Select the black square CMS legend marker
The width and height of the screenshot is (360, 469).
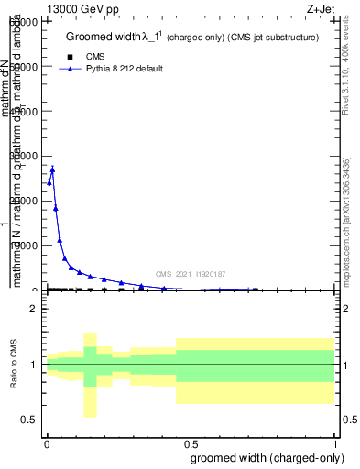pyautogui.click(x=71, y=57)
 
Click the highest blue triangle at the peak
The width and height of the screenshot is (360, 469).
pyautogui.click(x=52, y=169)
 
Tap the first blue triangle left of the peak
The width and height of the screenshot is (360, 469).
pyautogui.click(x=49, y=182)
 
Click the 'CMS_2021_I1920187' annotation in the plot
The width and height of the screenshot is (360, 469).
pyautogui.click(x=191, y=274)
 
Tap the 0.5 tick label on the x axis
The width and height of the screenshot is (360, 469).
pyautogui.click(x=191, y=442)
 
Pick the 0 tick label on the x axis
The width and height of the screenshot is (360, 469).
pyautogui.click(x=47, y=442)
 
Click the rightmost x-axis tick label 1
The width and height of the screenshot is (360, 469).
pyautogui.click(x=336, y=442)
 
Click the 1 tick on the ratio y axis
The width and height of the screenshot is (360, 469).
pyautogui.click(x=34, y=365)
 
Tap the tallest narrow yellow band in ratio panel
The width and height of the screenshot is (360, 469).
pyautogui.click(x=90, y=375)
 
